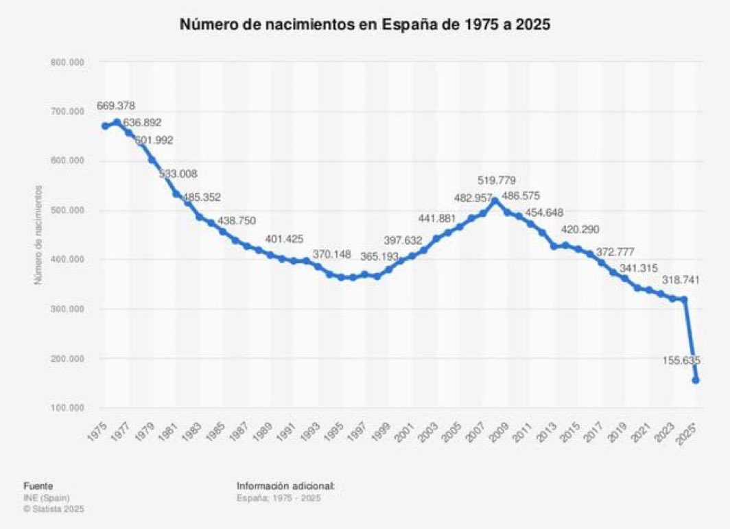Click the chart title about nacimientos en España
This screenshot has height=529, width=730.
pos(365,24)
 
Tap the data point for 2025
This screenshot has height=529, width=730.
pos(696,380)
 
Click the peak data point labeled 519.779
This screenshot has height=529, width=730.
pos(495,200)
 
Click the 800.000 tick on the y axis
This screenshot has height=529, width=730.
pos(67,62)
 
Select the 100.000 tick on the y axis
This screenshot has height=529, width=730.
pos(67,408)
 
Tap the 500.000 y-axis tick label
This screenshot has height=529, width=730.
pos(67,211)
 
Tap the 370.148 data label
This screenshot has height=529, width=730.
pos(331,255)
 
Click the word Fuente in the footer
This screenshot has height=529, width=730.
pos(38,485)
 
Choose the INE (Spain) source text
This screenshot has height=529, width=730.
pos(46,497)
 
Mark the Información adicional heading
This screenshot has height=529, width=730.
pos(285,485)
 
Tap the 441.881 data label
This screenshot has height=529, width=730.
pos(438,219)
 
